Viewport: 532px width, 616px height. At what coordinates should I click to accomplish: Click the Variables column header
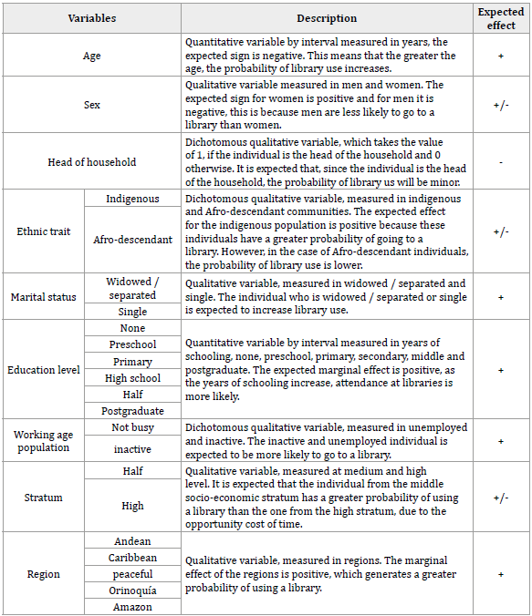tap(91, 18)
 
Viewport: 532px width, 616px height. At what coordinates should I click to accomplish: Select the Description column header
tap(327, 18)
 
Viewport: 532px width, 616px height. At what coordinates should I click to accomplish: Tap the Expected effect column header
tap(501, 18)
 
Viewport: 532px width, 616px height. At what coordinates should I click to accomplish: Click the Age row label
tap(91, 56)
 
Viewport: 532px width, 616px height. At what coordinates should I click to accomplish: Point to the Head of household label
tap(91, 162)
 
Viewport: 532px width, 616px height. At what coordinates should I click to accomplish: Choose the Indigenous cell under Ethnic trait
tap(132, 199)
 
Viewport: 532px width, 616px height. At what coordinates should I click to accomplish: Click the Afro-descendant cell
tap(132, 240)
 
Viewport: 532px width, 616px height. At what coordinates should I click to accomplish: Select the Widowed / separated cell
tap(132, 288)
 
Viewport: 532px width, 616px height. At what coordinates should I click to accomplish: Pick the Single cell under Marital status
tap(132, 312)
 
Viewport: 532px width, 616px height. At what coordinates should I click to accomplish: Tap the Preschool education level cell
tap(132, 344)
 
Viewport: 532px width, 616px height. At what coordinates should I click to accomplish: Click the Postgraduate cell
tap(132, 411)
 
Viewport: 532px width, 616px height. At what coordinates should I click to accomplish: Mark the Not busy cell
tap(132, 427)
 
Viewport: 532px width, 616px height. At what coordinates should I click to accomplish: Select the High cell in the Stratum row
tap(132, 506)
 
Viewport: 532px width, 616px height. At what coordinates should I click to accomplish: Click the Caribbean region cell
tap(132, 558)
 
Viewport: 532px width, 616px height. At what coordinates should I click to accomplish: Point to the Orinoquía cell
tap(132, 590)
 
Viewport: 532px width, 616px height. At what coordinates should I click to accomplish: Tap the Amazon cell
tap(132, 607)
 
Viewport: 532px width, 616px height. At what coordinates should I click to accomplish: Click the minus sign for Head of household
tap(501, 162)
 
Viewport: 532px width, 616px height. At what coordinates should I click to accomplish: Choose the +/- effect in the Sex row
tap(501, 106)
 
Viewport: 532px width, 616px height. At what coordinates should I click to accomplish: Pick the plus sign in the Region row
tap(501, 574)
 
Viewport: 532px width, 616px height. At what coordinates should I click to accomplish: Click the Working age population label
tap(42, 441)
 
